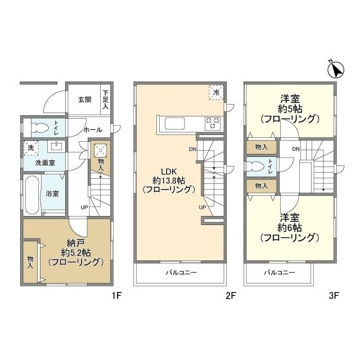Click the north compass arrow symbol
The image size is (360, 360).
click(x=336, y=70)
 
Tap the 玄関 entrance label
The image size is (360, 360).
click(x=84, y=100)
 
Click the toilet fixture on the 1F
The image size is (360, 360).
click(x=40, y=128)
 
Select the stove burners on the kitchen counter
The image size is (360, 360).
click(x=212, y=122)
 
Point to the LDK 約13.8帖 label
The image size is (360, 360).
click(x=168, y=180)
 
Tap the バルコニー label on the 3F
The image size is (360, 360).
click(x=280, y=272)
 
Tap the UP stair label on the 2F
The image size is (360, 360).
click(x=202, y=208)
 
